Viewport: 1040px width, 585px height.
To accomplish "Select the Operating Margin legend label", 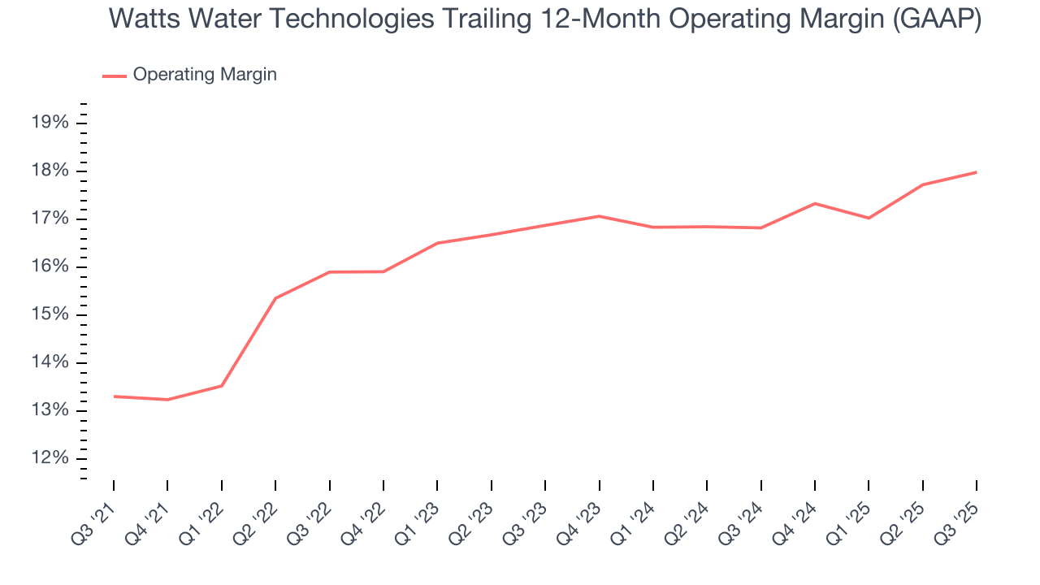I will click(205, 75).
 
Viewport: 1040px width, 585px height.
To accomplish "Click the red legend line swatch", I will click(115, 76).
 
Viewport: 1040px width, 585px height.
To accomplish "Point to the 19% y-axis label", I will click(50, 123).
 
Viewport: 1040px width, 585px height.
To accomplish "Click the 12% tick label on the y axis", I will click(50, 458).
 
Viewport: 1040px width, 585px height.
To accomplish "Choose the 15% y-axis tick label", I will click(50, 314).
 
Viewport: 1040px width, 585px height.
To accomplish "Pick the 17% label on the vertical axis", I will click(50, 219).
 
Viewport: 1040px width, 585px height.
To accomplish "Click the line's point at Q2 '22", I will click(275, 298).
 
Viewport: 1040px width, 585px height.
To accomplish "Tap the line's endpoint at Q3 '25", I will click(976, 172).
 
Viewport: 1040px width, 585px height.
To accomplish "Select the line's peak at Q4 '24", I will click(814, 203).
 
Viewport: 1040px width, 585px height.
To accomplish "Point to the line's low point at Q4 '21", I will click(167, 400).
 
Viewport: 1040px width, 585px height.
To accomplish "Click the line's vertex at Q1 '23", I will click(437, 243).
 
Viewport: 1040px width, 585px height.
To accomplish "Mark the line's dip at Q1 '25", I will click(869, 218).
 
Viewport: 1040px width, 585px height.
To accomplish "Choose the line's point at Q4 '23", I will click(599, 216).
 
